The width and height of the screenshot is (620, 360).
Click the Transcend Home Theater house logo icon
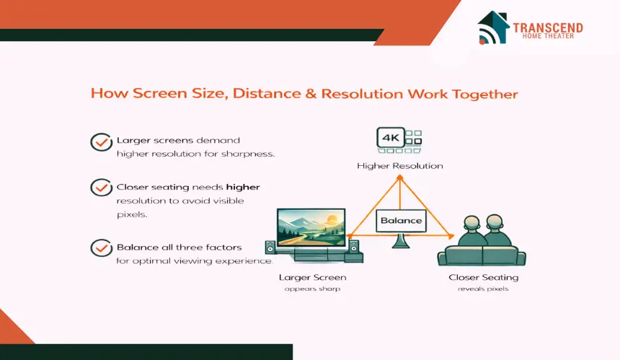493,27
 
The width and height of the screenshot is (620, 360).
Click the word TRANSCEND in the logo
548,27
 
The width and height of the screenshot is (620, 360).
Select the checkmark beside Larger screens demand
101,142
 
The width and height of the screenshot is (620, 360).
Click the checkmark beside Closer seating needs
101,188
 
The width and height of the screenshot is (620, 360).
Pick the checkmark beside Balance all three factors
101,247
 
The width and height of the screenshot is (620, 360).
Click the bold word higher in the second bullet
243,187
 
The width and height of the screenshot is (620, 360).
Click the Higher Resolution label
400,166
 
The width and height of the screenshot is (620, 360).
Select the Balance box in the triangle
401,220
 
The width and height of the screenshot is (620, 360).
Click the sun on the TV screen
332,219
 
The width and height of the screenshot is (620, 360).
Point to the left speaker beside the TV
270,247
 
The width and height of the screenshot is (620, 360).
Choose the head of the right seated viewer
495,223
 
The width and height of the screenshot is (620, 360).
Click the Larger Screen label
312,277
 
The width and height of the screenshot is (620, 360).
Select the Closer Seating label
483,277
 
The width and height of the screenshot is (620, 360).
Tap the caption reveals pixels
483,289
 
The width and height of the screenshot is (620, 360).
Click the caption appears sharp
312,289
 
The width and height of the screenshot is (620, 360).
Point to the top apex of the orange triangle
400,177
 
